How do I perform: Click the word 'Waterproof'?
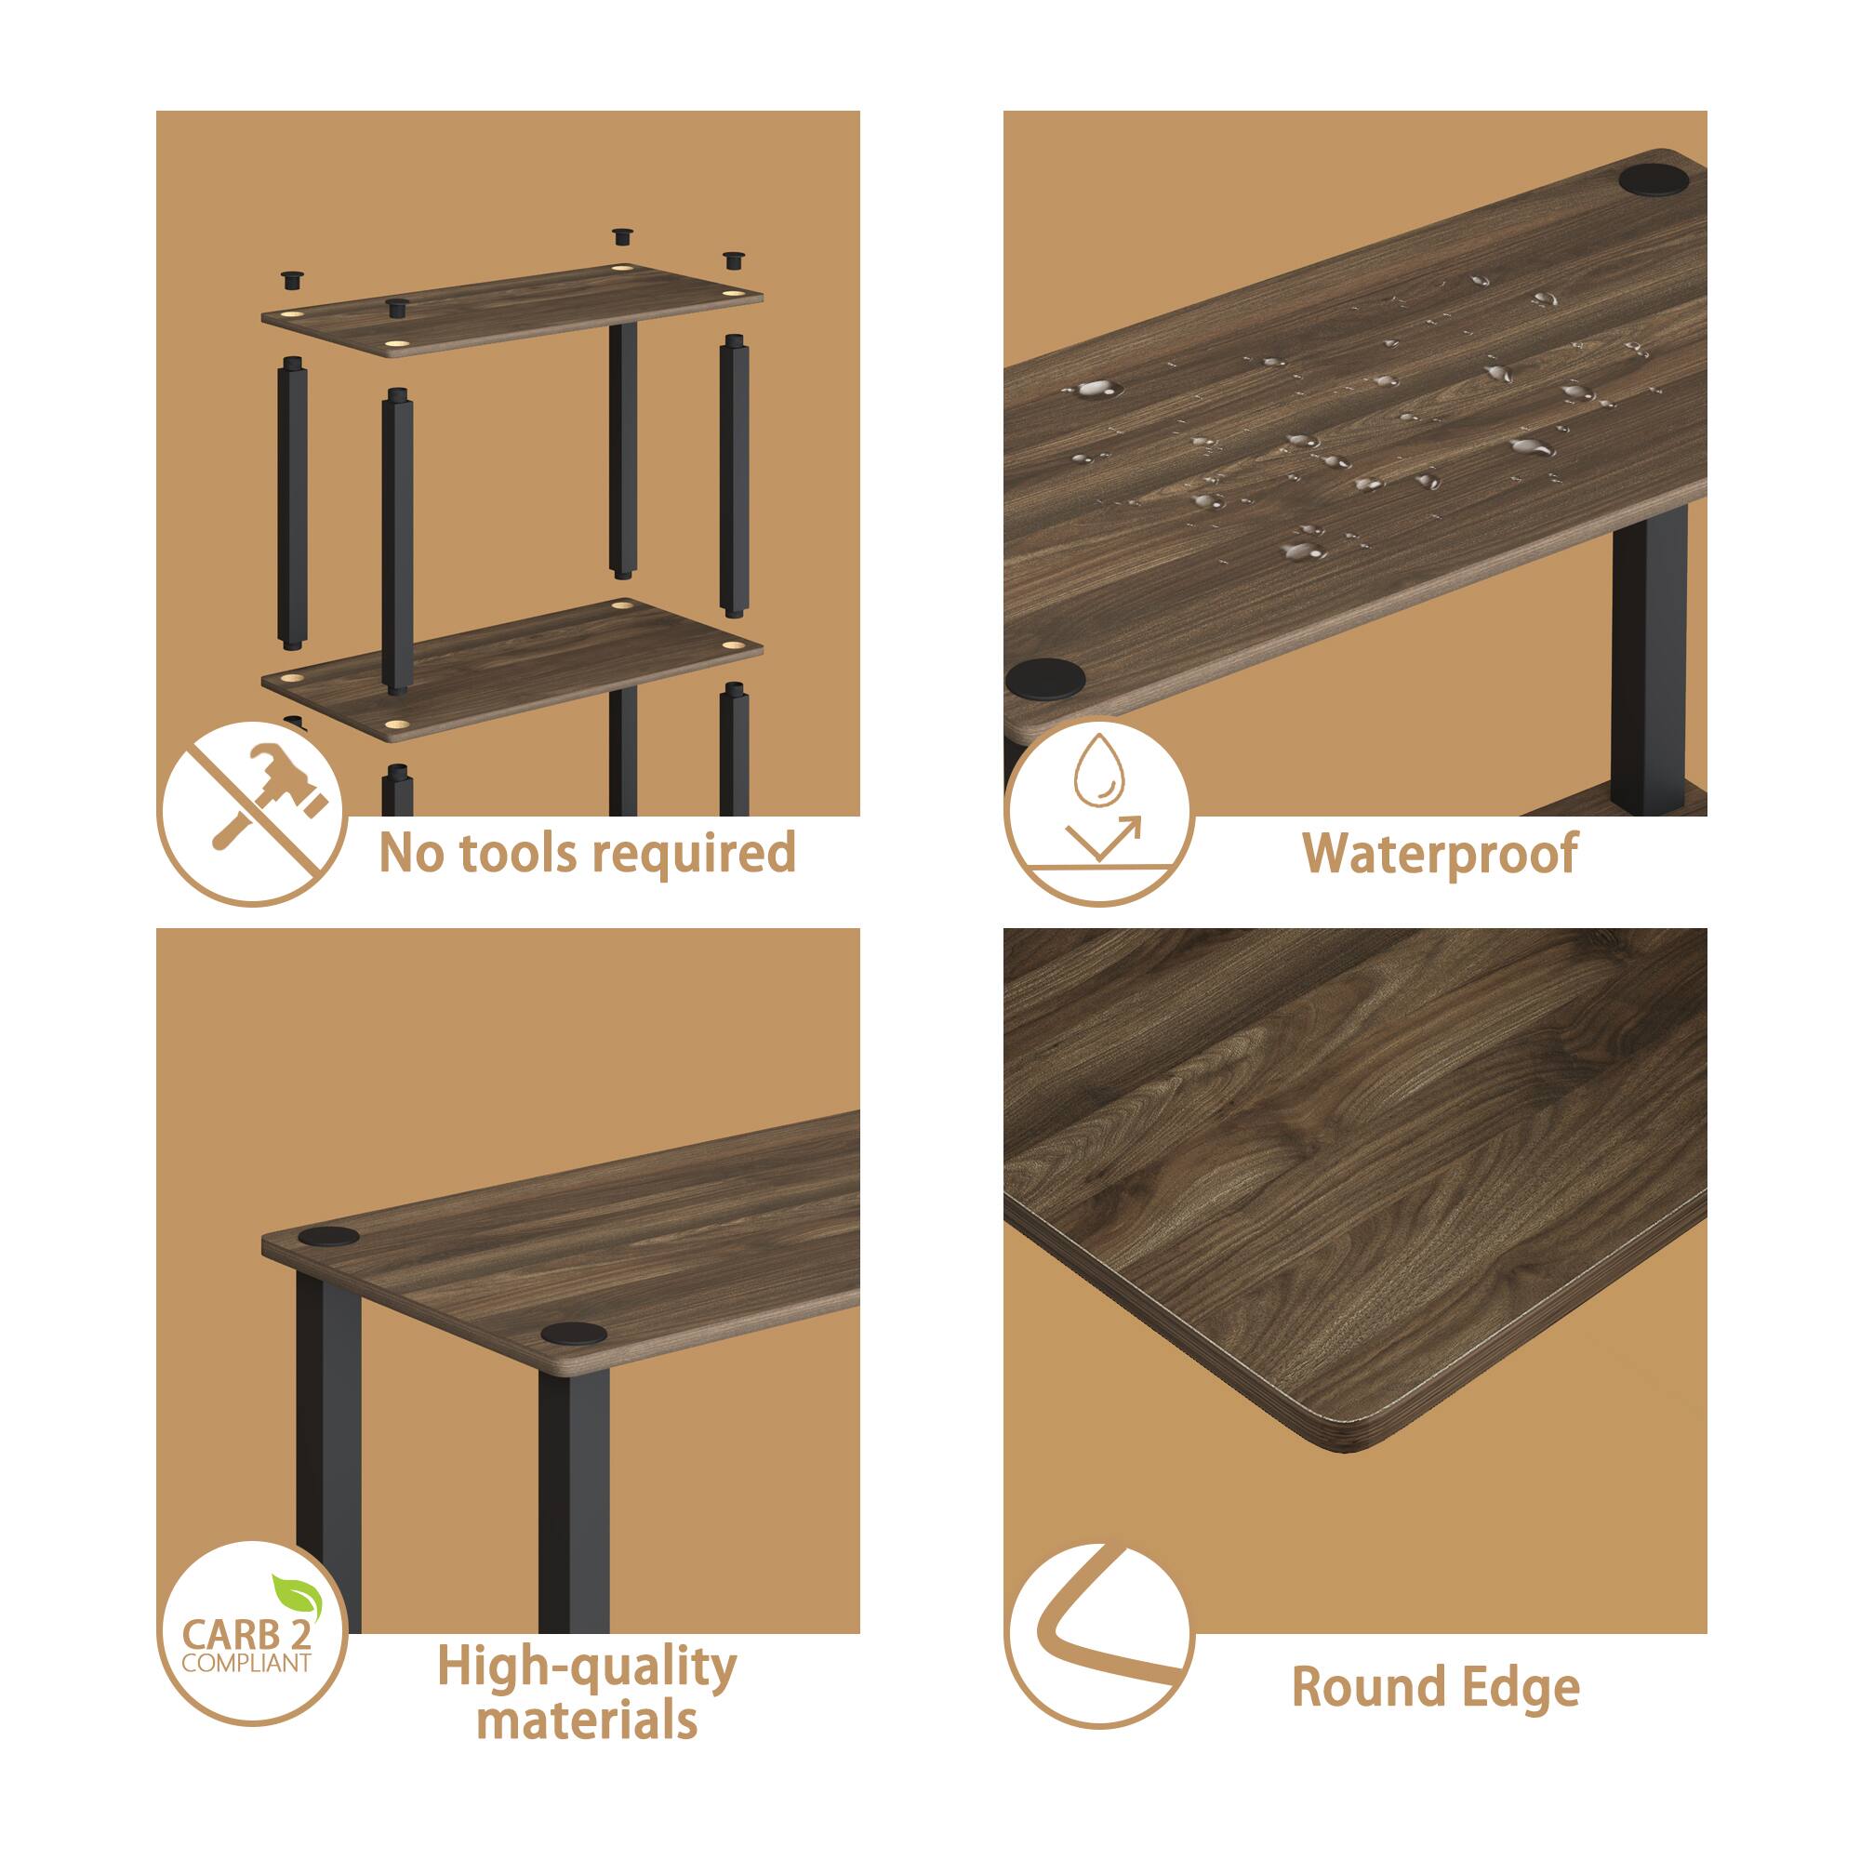(x=1440, y=854)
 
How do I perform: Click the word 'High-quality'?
(x=586, y=1667)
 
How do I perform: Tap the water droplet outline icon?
(x=1098, y=770)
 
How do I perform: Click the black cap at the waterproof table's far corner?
(x=1652, y=181)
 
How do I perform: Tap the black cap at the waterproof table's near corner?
(x=1045, y=679)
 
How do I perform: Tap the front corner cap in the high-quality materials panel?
(x=573, y=1335)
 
